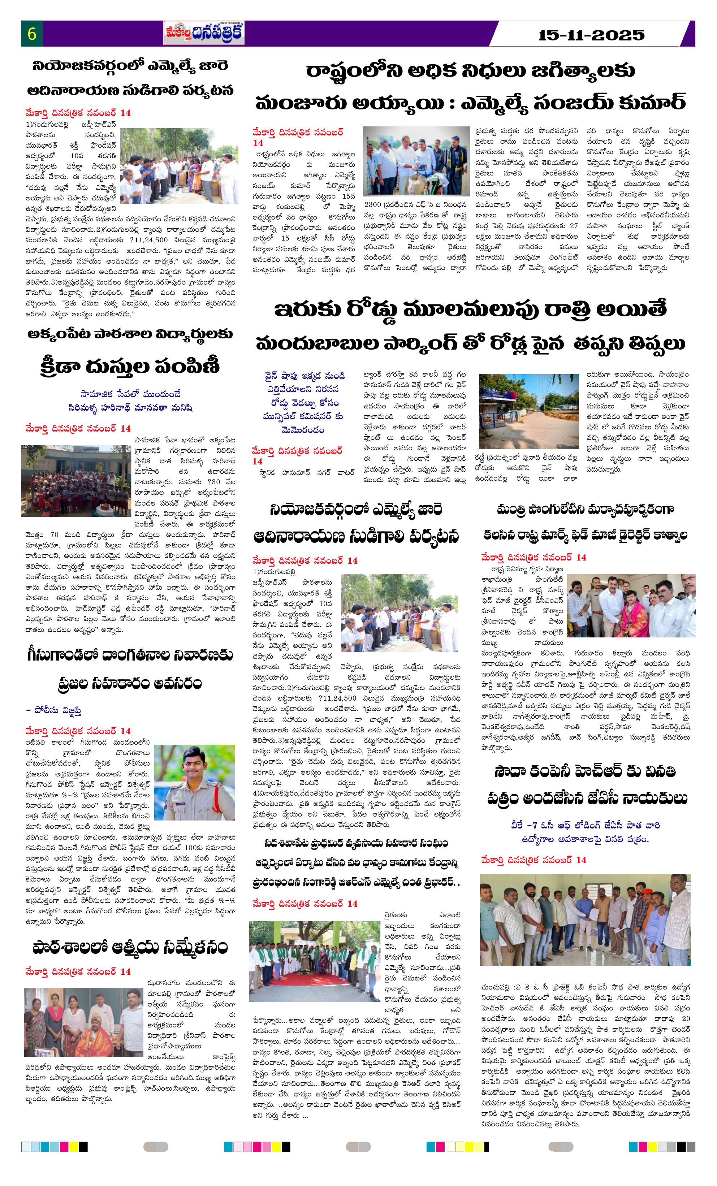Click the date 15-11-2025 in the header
tap(591, 35)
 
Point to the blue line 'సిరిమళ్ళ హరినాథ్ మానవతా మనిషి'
tap(130, 408)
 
